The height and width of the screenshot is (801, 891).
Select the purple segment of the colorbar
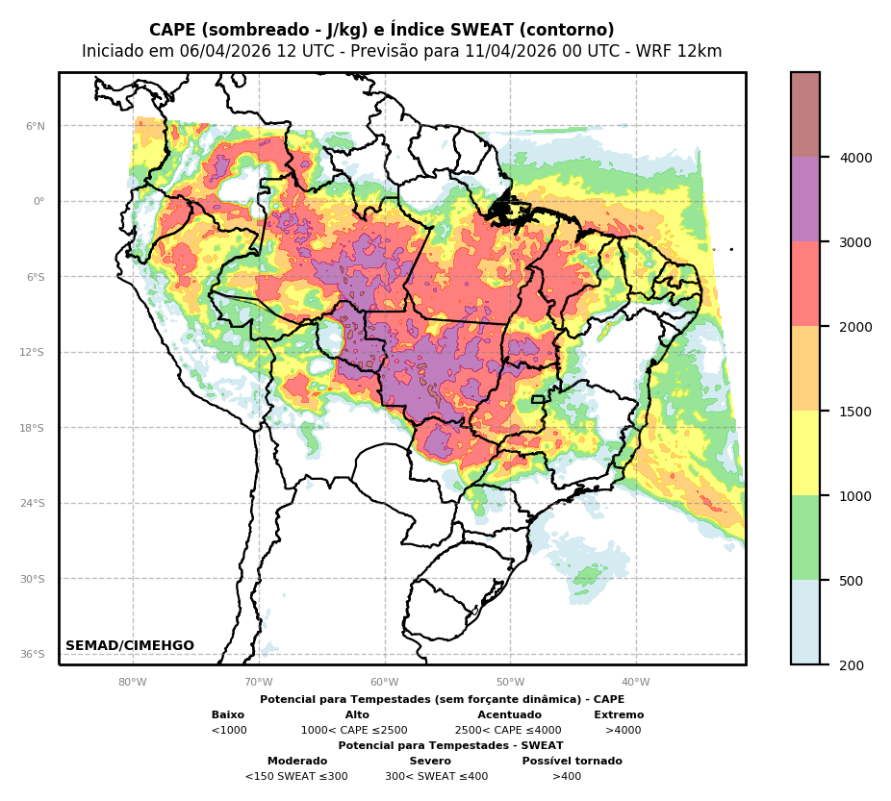point(805,199)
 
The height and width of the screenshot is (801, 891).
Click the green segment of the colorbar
point(805,538)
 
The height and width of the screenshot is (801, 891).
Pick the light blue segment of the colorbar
point(805,622)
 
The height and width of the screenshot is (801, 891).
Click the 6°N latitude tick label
point(36,126)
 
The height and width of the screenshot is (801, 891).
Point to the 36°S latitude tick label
point(33,654)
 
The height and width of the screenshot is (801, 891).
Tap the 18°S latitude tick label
point(33,428)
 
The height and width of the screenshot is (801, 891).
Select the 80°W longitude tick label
point(133,683)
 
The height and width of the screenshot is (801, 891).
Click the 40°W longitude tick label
point(636,683)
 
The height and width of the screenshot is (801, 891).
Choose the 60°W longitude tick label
point(385,683)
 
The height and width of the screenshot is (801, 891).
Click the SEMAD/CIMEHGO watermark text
point(130,646)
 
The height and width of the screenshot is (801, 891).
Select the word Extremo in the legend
point(619,715)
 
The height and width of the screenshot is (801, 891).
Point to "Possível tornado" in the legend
point(572,762)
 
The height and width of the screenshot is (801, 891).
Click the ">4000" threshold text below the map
point(623,731)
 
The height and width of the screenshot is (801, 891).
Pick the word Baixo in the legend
point(228,715)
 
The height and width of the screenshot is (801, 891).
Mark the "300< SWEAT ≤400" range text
point(436,777)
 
